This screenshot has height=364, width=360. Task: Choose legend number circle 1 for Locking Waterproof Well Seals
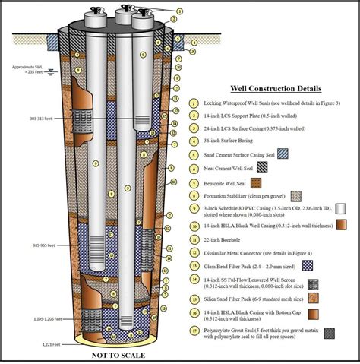[x=196, y=103]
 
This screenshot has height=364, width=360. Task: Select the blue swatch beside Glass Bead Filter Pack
[x=308, y=265]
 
